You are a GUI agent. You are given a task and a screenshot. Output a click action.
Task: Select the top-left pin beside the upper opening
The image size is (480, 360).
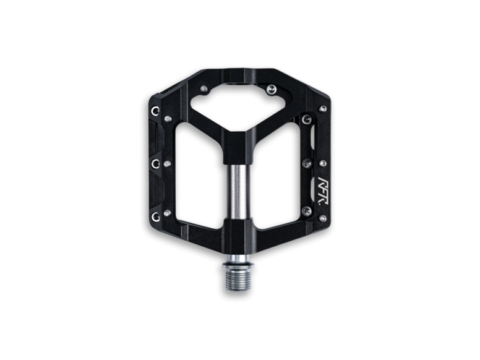(x=204, y=89)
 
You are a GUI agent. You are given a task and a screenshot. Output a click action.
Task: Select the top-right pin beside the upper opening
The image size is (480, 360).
(x=271, y=90)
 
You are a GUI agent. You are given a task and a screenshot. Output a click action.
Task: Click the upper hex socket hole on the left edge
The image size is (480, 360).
(x=155, y=111)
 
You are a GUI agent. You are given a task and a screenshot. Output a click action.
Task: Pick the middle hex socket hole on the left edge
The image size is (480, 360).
(x=155, y=163)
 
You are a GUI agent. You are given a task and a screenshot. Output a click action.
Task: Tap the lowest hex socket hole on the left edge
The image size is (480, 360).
(x=155, y=216)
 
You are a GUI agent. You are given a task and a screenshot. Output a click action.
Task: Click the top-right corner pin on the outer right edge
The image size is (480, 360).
(x=322, y=109)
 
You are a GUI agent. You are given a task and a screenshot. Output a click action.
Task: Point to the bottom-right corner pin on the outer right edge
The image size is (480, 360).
(x=322, y=218)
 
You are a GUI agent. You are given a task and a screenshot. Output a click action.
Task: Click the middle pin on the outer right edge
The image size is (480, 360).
(x=322, y=163)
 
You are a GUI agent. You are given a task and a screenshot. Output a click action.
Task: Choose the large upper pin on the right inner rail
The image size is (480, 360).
(x=306, y=119)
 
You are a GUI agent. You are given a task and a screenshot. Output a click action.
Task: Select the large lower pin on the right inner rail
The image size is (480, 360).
(x=306, y=211)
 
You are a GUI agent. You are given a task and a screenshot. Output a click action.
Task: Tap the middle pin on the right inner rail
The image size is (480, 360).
(x=307, y=163)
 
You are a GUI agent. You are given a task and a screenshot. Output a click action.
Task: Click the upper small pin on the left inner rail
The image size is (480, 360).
(x=168, y=119)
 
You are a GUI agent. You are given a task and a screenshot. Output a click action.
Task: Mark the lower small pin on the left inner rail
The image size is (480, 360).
(x=168, y=213)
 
